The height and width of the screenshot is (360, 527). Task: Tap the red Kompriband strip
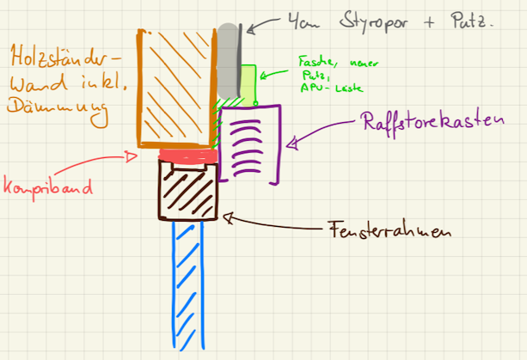pos(187,156)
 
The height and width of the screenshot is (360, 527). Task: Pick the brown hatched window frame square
pos(188,190)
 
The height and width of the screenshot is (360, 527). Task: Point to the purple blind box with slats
pos(250,143)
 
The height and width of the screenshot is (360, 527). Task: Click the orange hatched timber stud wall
pos(175,86)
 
